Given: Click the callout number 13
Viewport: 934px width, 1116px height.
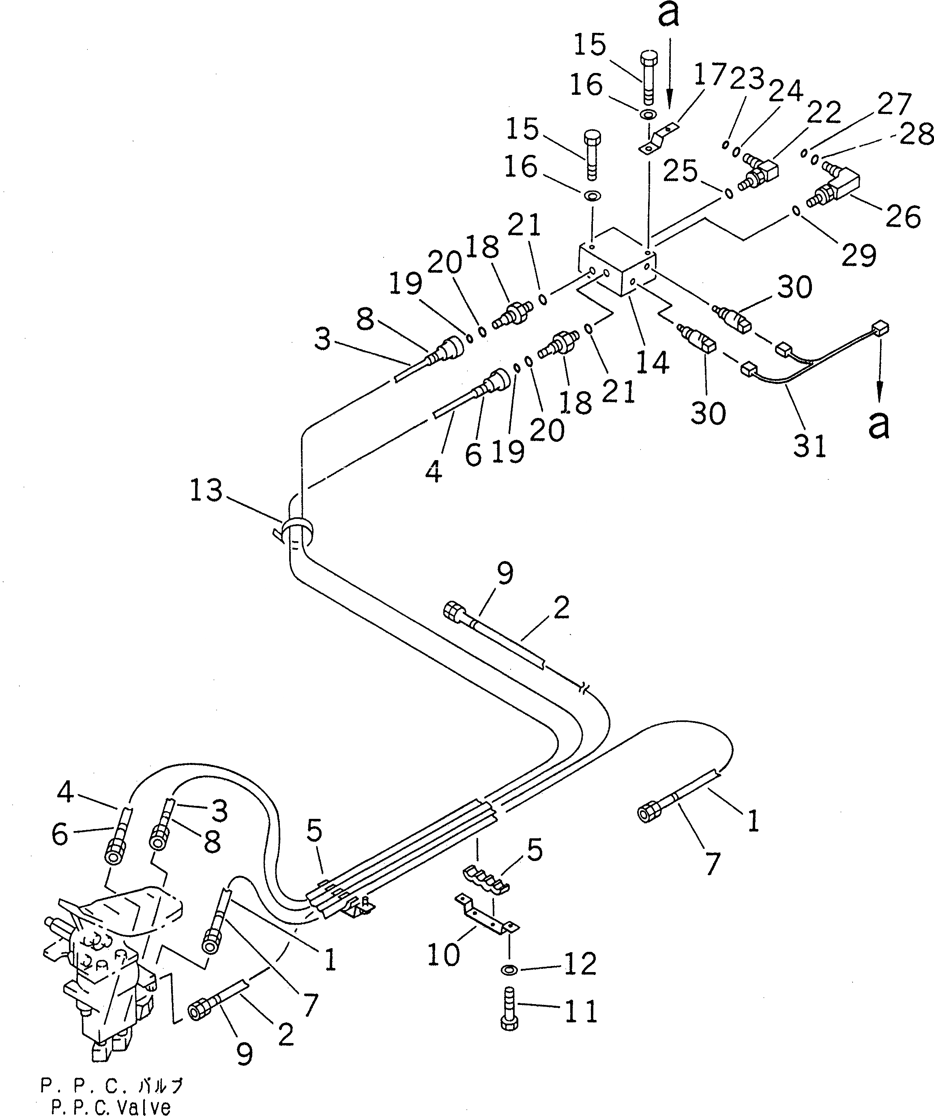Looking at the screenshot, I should pos(206,490).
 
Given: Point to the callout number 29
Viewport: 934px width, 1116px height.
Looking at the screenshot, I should pos(859,256).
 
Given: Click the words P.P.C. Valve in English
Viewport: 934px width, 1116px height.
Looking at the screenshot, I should pos(111,1107).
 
